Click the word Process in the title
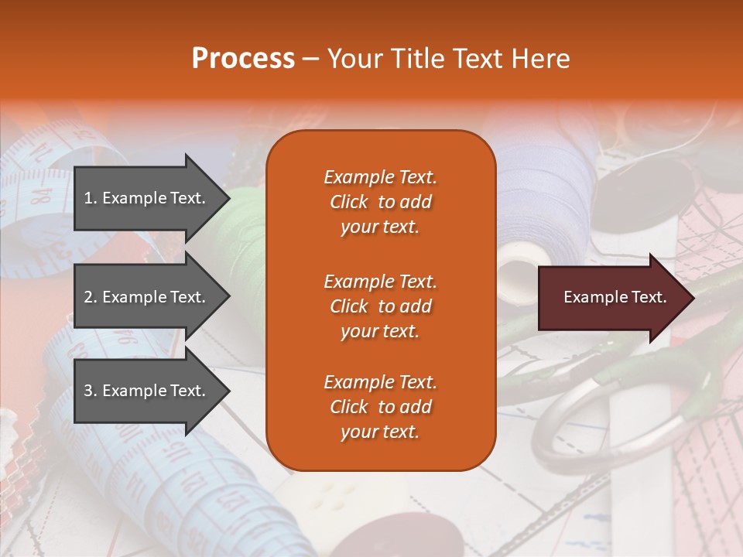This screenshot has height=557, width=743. pyautogui.click(x=243, y=58)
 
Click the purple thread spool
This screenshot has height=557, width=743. pyautogui.click(x=542, y=193)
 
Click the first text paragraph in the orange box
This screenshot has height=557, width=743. pyautogui.click(x=380, y=202)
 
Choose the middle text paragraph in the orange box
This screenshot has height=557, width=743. pyautogui.click(x=380, y=306)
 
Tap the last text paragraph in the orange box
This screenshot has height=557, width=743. pyautogui.click(x=380, y=407)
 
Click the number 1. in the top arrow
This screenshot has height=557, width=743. pyautogui.click(x=90, y=198)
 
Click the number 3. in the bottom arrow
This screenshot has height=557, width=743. pyautogui.click(x=90, y=391)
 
